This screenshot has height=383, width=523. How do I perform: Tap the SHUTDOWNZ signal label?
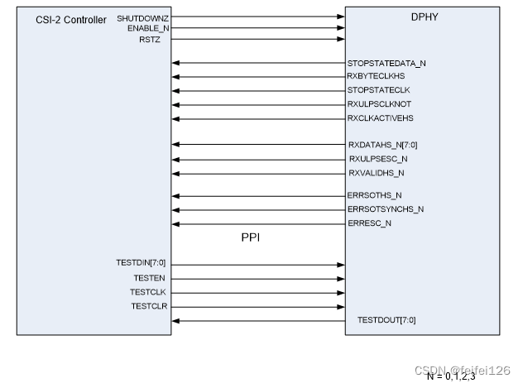click(x=142, y=17)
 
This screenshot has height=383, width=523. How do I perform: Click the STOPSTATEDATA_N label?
click(x=386, y=64)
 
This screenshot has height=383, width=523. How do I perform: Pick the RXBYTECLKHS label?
click(x=377, y=76)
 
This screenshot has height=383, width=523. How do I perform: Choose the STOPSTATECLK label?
click(x=379, y=90)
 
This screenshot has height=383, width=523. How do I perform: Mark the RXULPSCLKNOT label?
click(x=380, y=104)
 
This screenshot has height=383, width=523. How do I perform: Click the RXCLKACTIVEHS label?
click(x=381, y=118)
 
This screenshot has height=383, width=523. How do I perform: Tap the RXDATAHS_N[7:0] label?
click(x=382, y=145)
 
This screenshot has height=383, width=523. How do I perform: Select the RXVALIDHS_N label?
click(x=377, y=173)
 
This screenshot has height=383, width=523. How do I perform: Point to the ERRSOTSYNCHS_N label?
click(x=386, y=209)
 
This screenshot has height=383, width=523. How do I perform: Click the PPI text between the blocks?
click(x=252, y=237)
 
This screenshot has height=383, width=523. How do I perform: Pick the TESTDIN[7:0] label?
click(x=142, y=263)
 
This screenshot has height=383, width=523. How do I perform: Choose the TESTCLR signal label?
click(x=149, y=305)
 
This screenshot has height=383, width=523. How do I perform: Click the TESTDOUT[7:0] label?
click(x=386, y=320)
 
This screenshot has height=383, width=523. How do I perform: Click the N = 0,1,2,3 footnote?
click(x=452, y=376)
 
